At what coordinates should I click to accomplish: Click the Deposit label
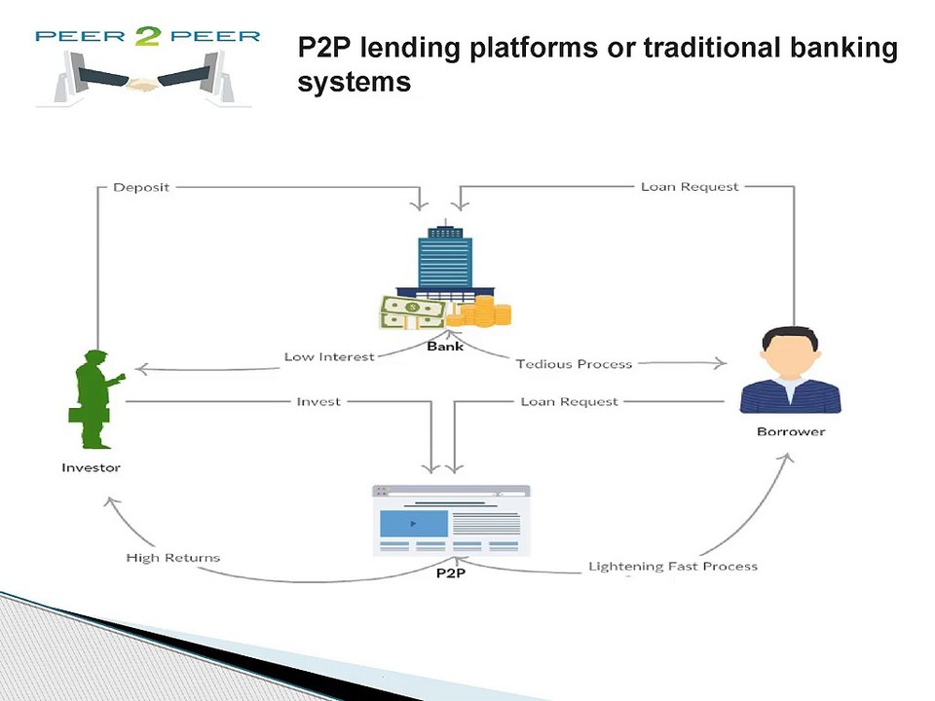(x=141, y=187)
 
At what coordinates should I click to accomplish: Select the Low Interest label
(x=329, y=356)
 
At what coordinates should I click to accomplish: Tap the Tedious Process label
(x=574, y=364)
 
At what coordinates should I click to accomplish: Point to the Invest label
(x=318, y=401)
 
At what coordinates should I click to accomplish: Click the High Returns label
(x=173, y=558)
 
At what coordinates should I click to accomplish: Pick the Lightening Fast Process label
(x=672, y=566)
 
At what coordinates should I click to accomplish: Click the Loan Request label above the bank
(x=690, y=186)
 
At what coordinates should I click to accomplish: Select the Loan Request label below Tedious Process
(x=569, y=401)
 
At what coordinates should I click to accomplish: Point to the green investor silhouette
(x=95, y=399)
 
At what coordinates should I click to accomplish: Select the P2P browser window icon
(x=451, y=520)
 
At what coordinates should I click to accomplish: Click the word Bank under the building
(x=445, y=346)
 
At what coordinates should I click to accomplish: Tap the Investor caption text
(x=92, y=467)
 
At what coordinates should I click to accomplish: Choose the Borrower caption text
(x=790, y=431)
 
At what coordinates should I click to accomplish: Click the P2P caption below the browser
(x=450, y=572)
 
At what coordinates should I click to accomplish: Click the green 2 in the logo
(x=148, y=40)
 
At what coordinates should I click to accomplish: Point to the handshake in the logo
(x=145, y=85)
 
